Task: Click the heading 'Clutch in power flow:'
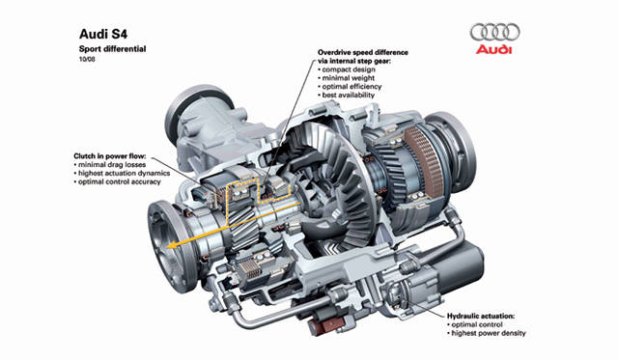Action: [x=114, y=154]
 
